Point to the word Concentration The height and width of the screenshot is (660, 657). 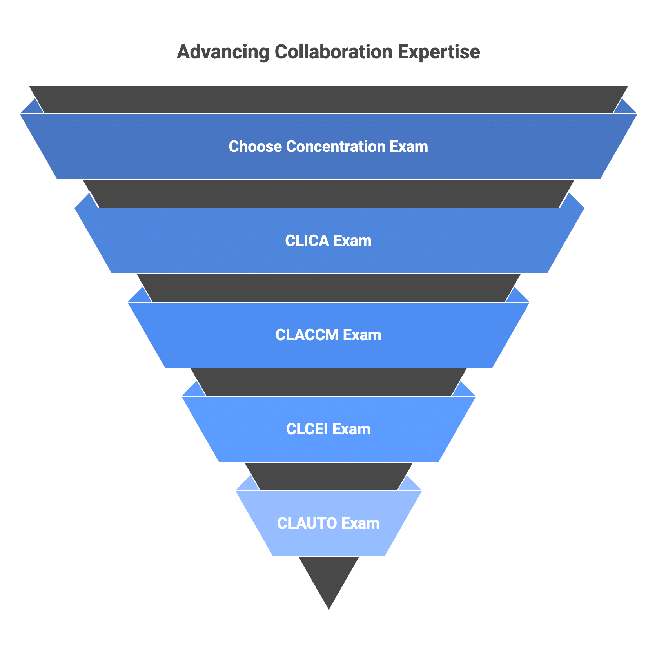[x=336, y=147]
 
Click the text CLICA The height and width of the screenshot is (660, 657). [x=307, y=241]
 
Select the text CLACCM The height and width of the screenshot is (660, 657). [x=307, y=335]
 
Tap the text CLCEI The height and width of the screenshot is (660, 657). [x=307, y=429]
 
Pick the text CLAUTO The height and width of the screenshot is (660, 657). [x=307, y=523]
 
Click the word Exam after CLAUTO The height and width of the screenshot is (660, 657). [x=360, y=523]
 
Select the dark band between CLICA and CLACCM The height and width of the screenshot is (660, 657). [x=328, y=288]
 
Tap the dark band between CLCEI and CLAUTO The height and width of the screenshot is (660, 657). [x=328, y=476]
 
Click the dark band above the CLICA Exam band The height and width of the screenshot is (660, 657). [x=328, y=194]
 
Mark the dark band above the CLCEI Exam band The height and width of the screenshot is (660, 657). [x=328, y=382]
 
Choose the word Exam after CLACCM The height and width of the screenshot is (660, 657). [x=362, y=335]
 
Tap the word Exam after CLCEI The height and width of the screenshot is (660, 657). [x=351, y=429]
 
